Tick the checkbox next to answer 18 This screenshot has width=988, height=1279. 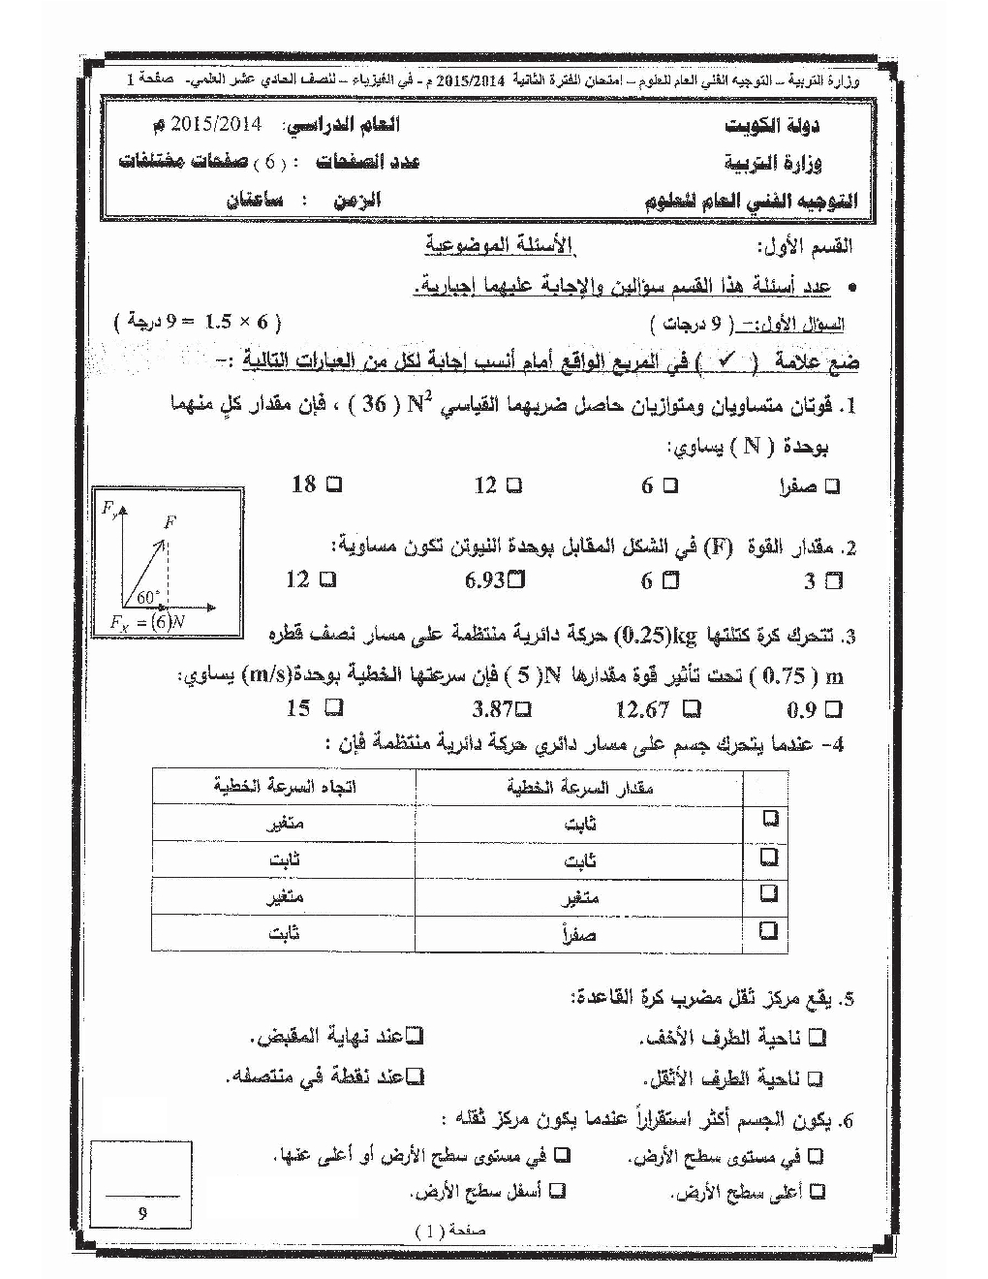[335, 484]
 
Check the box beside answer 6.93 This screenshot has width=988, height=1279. [516, 580]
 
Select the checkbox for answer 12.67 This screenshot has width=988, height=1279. [691, 709]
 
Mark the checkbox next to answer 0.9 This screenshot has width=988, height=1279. [834, 710]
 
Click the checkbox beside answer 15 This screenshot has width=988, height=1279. [334, 708]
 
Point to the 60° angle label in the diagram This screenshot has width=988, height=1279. [148, 597]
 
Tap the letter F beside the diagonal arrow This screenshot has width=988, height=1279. [170, 521]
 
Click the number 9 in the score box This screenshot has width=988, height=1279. [142, 1212]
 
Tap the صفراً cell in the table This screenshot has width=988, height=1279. [578, 935]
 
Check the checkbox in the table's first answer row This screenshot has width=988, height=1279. [770, 820]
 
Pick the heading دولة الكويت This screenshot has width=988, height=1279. [772, 127]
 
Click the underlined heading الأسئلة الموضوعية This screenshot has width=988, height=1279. [500, 244]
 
